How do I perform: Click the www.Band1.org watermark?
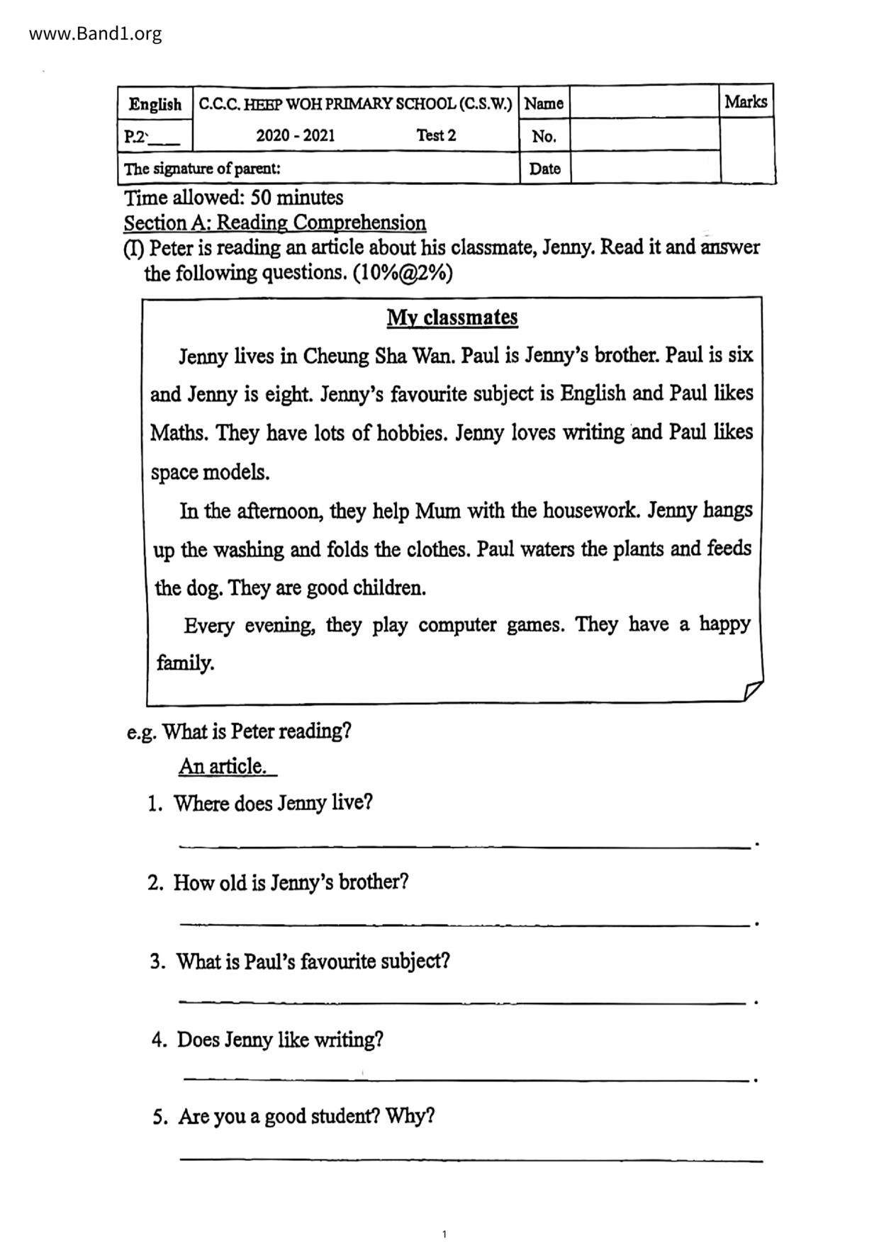(x=96, y=33)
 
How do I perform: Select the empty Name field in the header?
(x=644, y=103)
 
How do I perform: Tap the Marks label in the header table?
(x=746, y=102)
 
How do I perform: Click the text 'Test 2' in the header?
(x=436, y=135)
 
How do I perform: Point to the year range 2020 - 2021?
(x=296, y=135)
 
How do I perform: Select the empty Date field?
(x=644, y=168)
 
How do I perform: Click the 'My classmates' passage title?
(x=452, y=317)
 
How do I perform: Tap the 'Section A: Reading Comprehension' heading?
(x=275, y=223)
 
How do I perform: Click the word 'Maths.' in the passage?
(x=179, y=432)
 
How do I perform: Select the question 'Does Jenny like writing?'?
(x=280, y=1040)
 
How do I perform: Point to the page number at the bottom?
(x=444, y=1234)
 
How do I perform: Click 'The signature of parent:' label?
(x=203, y=169)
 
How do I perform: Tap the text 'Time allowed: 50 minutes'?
(x=234, y=197)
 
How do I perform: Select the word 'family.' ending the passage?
(x=186, y=663)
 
